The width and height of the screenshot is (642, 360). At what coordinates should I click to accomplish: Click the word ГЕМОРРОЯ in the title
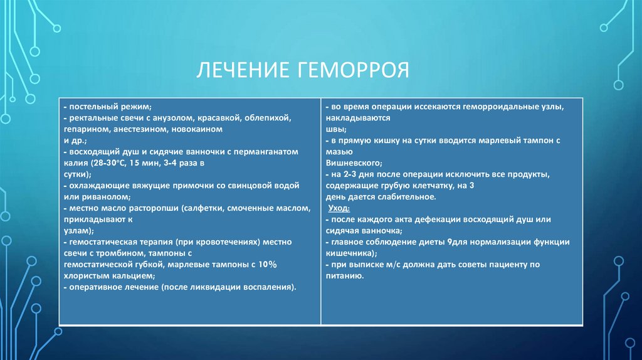349,70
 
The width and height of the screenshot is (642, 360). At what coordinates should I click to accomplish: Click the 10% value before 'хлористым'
266,265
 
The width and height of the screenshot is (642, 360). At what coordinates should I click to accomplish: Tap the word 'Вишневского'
352,164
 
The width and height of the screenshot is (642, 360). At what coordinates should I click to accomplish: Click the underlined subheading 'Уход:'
339,208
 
